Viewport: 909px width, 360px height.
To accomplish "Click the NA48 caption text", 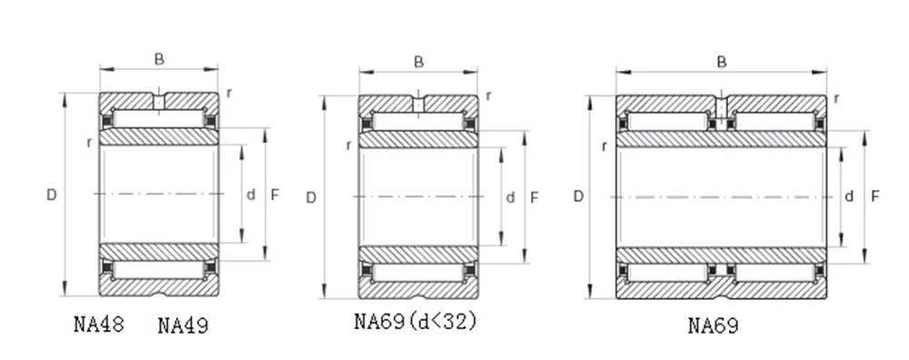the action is pos(99,324).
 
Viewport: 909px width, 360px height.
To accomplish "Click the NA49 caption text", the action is pos(184,325).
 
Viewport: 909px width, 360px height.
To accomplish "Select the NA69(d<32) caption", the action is pos(415,321).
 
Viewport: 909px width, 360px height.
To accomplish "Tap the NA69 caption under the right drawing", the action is pos(714,325).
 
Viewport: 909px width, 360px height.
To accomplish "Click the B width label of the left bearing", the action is pos(159,59).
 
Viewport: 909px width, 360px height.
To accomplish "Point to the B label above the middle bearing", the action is pos(418,62).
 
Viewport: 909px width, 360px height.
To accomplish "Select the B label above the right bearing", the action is pos(722,62).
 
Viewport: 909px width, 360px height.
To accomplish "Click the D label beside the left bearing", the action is pos(52,195).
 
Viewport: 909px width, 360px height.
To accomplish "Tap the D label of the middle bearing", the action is pos(311,198).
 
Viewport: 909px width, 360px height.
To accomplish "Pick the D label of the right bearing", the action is pos(578,196).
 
